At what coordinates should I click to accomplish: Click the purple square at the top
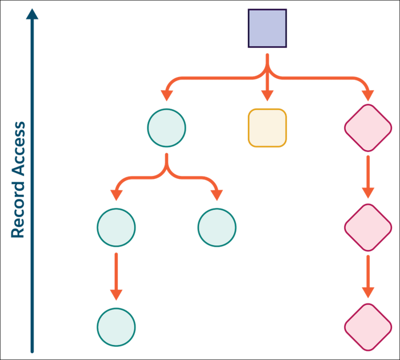[x=267, y=27]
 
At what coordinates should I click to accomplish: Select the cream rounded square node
[x=267, y=128]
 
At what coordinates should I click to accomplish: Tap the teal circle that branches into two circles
[x=166, y=128]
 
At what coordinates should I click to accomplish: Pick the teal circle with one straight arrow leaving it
[x=116, y=227]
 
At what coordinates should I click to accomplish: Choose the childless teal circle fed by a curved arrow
[x=217, y=227]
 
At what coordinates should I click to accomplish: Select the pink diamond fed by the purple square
[x=368, y=128]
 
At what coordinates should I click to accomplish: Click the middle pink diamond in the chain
[x=368, y=227]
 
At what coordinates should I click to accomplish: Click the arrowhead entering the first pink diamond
[x=368, y=95]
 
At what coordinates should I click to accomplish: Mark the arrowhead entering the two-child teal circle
[x=166, y=95]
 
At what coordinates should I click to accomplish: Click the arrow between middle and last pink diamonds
[x=368, y=277]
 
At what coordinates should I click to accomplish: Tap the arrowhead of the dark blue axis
[x=33, y=14]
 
